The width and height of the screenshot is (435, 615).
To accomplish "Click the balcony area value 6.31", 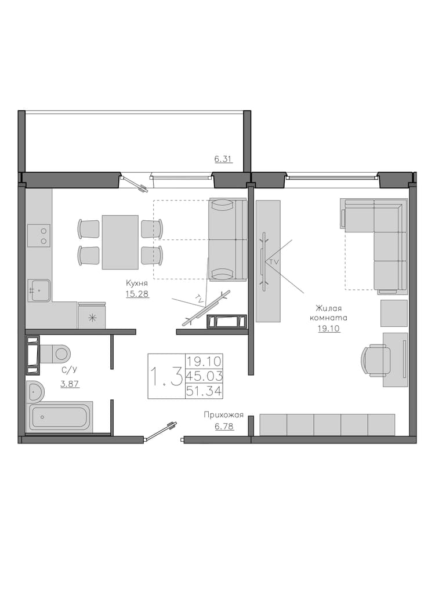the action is (223, 159).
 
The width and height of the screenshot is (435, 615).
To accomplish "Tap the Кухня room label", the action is (137, 283).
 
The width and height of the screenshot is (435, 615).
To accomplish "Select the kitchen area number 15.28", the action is (137, 293).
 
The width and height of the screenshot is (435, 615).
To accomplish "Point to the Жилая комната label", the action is (329, 312).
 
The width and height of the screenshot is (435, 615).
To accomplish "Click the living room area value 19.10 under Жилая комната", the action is (329, 329).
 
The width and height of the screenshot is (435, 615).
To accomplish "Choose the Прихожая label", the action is (224, 415).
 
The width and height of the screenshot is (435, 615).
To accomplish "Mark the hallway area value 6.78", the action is (224, 426).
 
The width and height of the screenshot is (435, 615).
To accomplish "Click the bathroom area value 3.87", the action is (70, 384).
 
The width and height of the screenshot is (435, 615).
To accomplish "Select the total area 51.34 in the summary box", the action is (204, 391).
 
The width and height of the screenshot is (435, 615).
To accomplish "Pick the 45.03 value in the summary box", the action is (204, 376).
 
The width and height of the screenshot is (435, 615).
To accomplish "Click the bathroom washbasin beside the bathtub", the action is (36, 391).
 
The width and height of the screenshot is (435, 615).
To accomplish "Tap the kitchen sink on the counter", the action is (39, 290).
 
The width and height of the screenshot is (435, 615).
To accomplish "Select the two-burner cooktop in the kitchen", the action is (39, 235).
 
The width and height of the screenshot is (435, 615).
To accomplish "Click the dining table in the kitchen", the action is (120, 242).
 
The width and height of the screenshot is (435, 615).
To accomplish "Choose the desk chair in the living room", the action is (376, 360).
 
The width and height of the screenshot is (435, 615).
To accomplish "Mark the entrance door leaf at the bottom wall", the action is (160, 431).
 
